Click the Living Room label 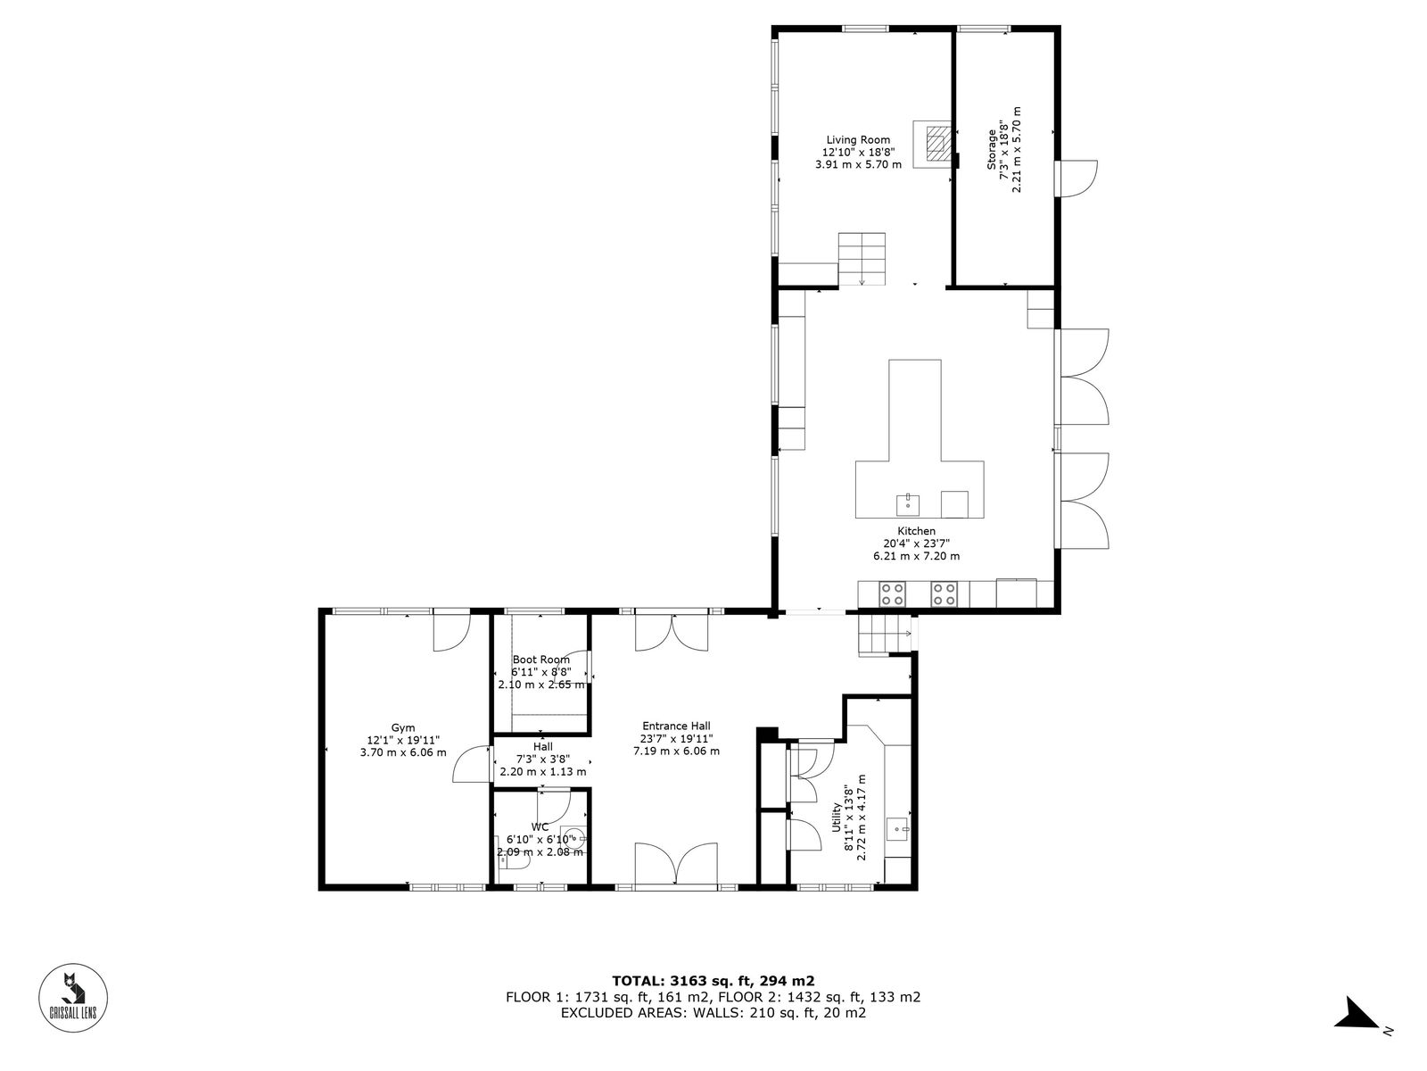[857, 140]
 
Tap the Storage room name [992, 150]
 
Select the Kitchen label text [916, 531]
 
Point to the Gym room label [403, 727]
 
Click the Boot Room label [540, 660]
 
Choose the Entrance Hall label [676, 726]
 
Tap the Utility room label [836, 818]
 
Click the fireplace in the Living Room [935, 144]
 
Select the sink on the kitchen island [908, 504]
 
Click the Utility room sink [898, 829]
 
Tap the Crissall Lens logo [73, 998]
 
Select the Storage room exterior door [1076, 178]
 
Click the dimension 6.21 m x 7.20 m [916, 556]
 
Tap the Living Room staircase [862, 259]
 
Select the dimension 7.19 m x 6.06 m [676, 751]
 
